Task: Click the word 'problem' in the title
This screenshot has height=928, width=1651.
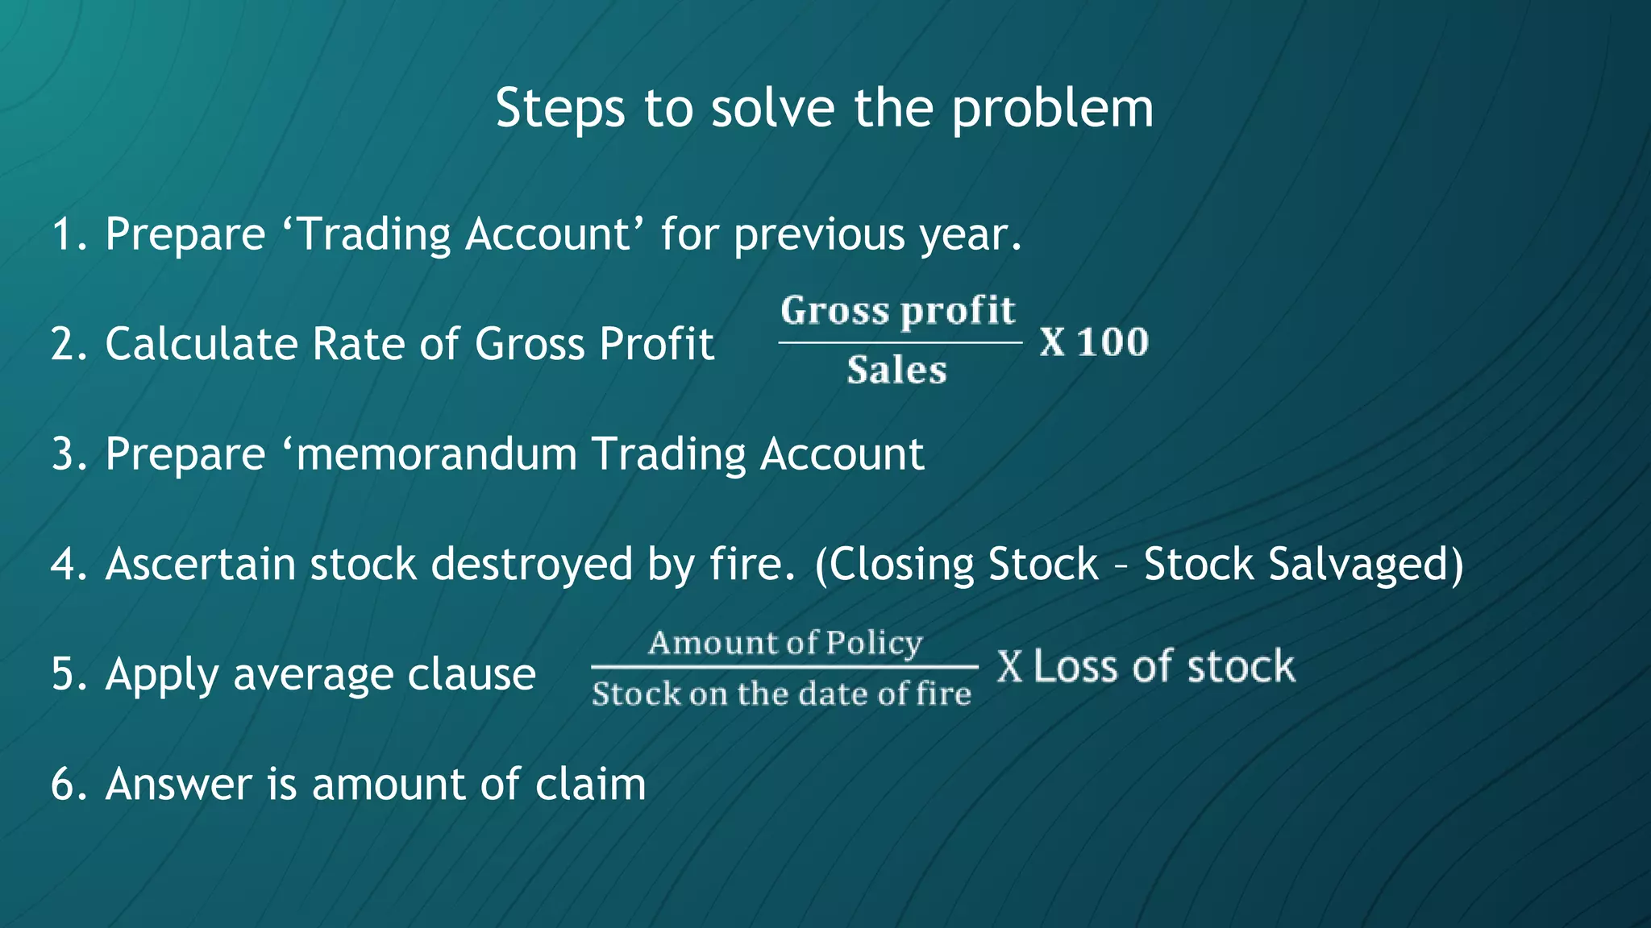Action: point(1052,110)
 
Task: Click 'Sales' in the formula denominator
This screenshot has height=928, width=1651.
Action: point(896,371)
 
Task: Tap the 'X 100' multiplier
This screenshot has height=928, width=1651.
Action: point(1093,342)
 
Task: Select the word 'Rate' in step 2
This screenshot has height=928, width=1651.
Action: point(359,344)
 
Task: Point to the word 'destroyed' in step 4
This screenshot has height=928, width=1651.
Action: point(532,564)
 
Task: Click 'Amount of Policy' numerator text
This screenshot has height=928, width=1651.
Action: point(784,643)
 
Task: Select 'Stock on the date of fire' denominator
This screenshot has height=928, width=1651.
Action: point(781,694)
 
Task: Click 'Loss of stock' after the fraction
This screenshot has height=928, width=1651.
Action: point(1163,667)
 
